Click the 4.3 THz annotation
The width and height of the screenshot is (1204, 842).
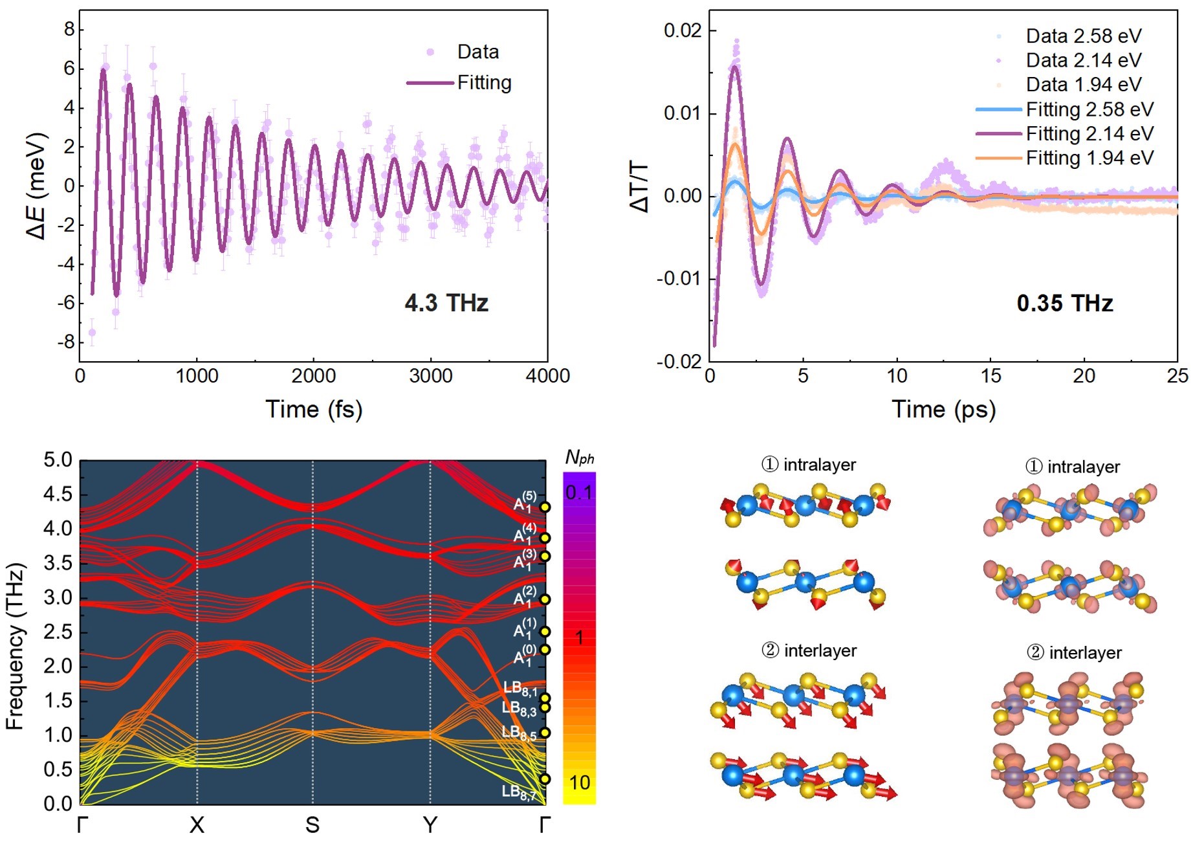pos(446,303)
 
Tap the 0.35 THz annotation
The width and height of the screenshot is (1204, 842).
pos(1064,303)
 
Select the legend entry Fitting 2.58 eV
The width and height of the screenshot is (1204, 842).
pos(1089,109)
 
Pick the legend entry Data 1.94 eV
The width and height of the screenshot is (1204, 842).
pos(1084,85)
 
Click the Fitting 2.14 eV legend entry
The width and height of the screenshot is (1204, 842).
pos(1089,134)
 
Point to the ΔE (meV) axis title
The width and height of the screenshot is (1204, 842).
pos(37,186)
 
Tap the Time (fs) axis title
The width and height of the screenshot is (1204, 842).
pos(314,409)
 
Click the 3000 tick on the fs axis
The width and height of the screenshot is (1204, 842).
pos(431,376)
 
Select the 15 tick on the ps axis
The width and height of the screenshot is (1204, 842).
pos(991,376)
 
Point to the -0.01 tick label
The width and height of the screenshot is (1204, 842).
pos(679,279)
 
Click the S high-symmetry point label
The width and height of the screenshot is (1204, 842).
pos(312,825)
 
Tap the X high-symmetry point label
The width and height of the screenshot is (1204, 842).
pos(197,825)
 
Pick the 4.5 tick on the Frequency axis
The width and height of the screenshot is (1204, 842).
pos(58,494)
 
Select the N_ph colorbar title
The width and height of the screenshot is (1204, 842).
pos(579,458)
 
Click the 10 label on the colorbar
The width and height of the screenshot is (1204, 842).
pos(579,783)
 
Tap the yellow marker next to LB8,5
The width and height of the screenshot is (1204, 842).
pos(545,733)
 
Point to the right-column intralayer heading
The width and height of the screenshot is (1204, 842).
pos(1073,467)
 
